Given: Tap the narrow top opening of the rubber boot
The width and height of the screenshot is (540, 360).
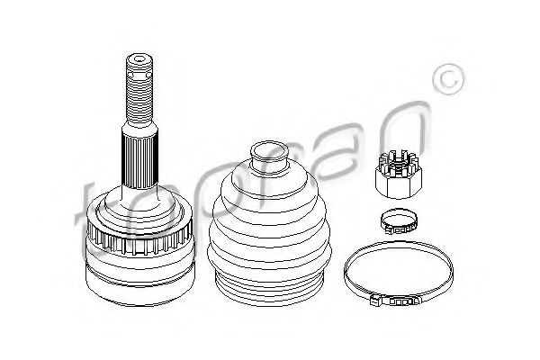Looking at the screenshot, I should pyautogui.click(x=265, y=154).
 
